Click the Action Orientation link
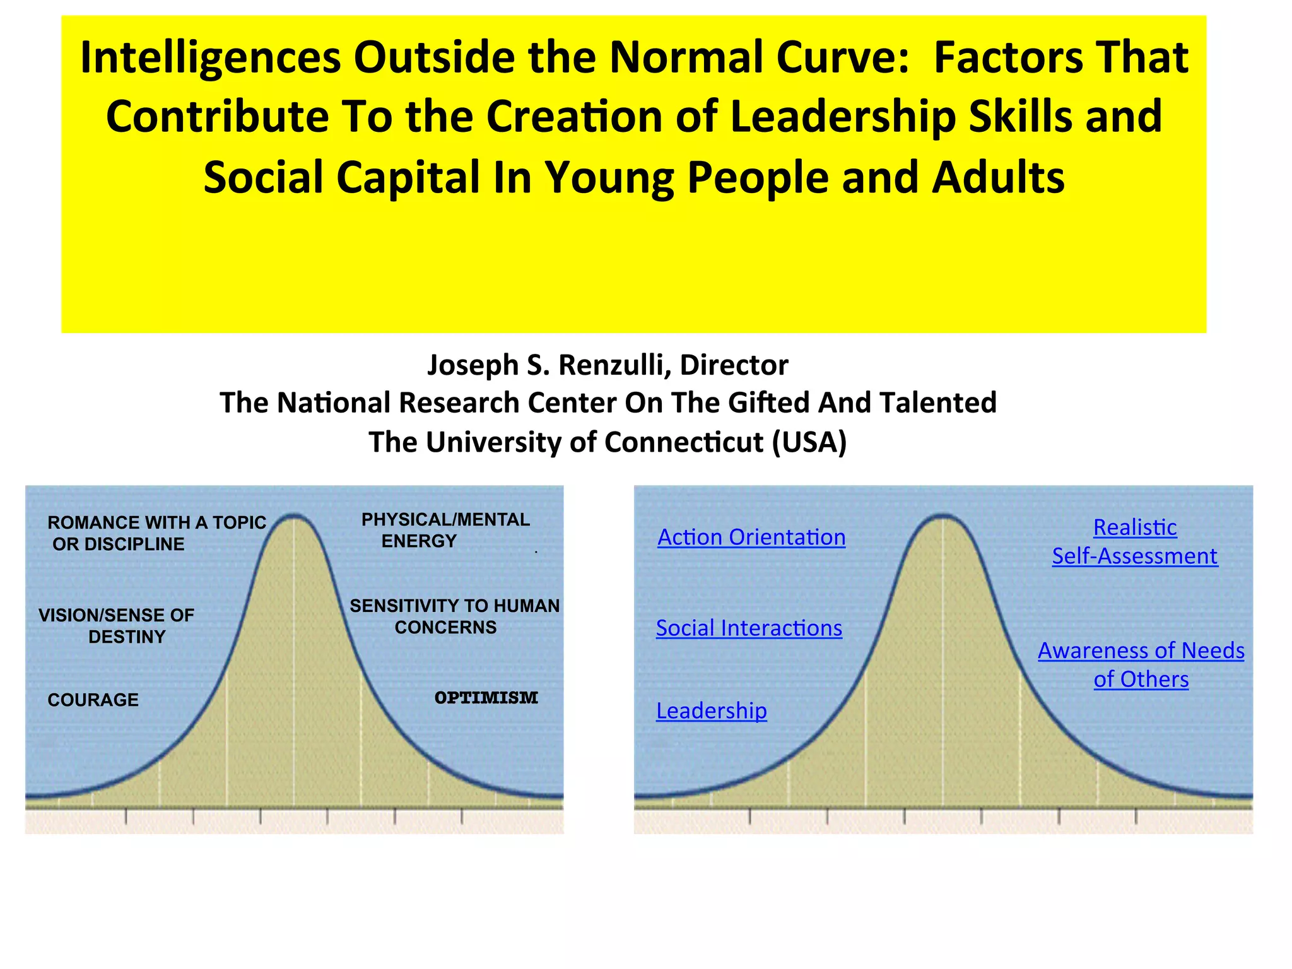[751, 537]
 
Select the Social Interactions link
[749, 628]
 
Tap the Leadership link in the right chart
[712, 711]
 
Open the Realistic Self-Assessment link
[1135, 542]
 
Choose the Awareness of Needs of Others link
[1141, 665]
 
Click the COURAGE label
[93, 700]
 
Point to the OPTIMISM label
[486, 698]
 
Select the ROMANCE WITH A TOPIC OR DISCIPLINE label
[156, 533]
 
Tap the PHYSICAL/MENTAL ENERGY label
[445, 531]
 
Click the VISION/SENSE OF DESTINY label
[117, 626]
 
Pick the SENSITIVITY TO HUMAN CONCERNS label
[454, 616]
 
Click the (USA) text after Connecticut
[809, 442]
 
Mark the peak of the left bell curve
[294, 516]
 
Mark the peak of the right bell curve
[943, 516]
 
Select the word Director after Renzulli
[734, 365]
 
